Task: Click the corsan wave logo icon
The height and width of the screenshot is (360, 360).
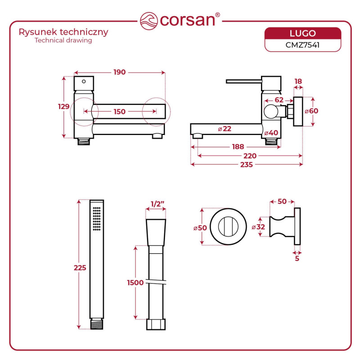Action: [148, 21]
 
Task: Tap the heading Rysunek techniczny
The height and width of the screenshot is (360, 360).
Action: [63, 32]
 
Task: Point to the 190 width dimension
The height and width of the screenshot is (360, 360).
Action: [119, 72]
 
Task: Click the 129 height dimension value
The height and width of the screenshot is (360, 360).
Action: [64, 107]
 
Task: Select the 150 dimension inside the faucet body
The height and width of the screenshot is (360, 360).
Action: [119, 112]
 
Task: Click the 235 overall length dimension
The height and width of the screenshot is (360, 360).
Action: [246, 165]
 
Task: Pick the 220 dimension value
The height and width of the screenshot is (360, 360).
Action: [250, 156]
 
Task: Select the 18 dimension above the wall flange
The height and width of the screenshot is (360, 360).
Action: [298, 81]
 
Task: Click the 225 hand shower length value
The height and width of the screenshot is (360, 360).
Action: [80, 267]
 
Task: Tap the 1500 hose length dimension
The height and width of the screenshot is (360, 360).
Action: [135, 283]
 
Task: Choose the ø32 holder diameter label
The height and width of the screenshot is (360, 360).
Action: [258, 227]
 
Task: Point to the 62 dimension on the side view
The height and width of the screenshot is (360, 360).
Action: [279, 99]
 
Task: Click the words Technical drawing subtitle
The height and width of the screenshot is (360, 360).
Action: [63, 40]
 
